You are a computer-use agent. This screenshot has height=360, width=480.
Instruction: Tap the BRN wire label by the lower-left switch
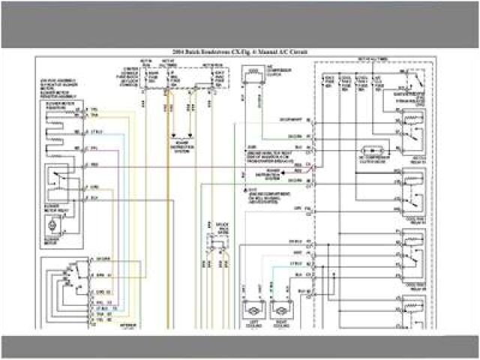(97, 274)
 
